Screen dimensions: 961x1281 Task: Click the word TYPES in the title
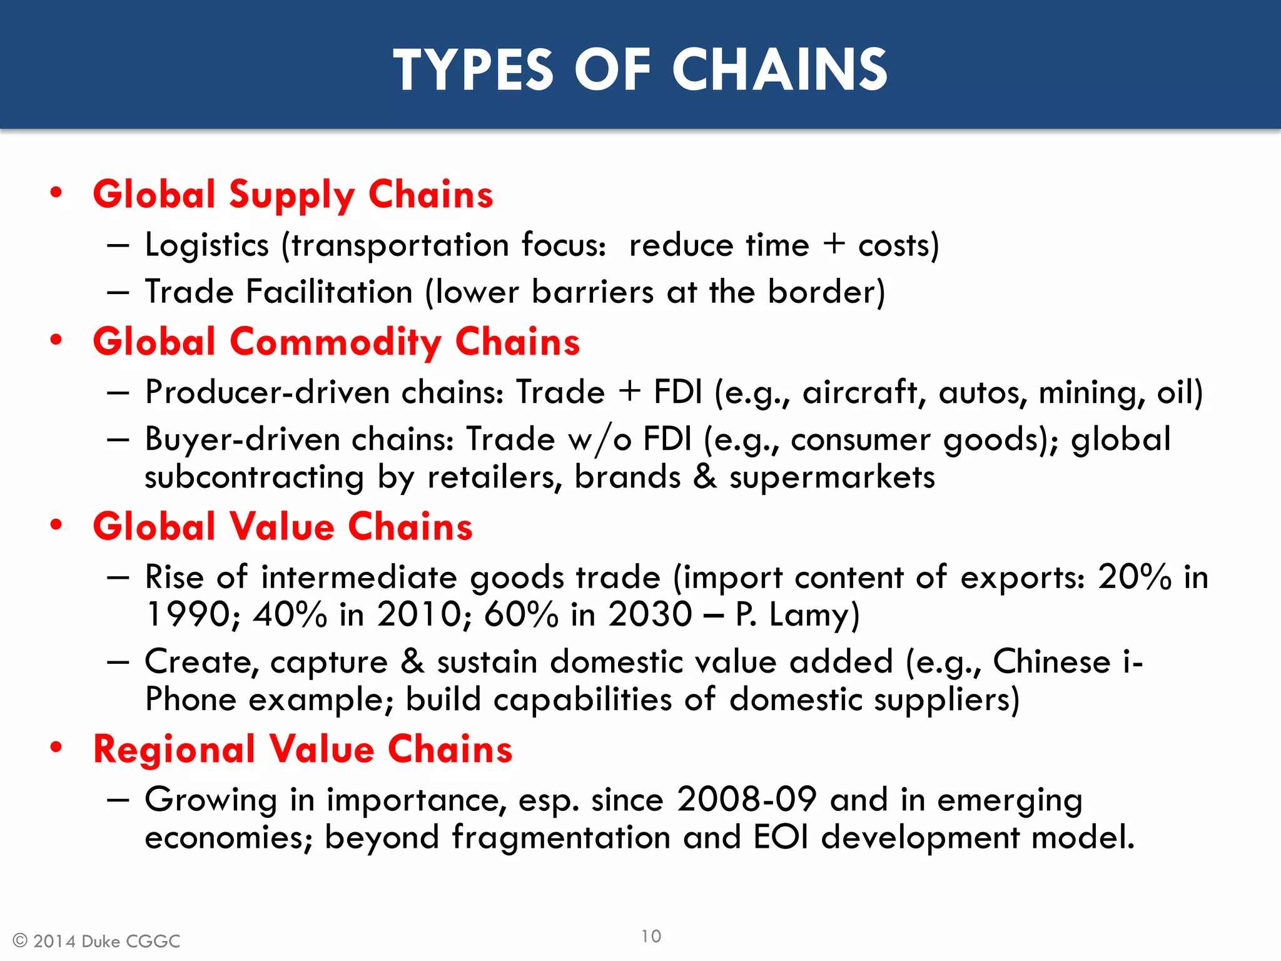(x=473, y=70)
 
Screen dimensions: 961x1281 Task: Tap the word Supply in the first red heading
(x=292, y=195)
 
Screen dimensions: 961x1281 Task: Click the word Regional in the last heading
(x=174, y=750)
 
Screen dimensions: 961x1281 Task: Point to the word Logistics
(x=206, y=245)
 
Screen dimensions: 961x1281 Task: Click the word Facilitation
(x=329, y=292)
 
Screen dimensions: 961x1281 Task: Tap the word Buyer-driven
(x=241, y=439)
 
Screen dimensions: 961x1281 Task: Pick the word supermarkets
(x=832, y=477)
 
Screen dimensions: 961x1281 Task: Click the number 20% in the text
(x=1135, y=577)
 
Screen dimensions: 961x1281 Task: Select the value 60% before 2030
(x=521, y=614)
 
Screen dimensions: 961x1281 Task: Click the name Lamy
(x=814, y=614)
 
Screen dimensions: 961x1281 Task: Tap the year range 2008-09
(x=747, y=800)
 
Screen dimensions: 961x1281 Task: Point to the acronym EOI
(x=781, y=837)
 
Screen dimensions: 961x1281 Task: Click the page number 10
(x=651, y=936)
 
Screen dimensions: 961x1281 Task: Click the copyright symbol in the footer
(x=20, y=941)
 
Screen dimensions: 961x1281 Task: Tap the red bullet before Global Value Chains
(x=56, y=525)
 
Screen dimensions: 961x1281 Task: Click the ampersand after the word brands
(x=705, y=477)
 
